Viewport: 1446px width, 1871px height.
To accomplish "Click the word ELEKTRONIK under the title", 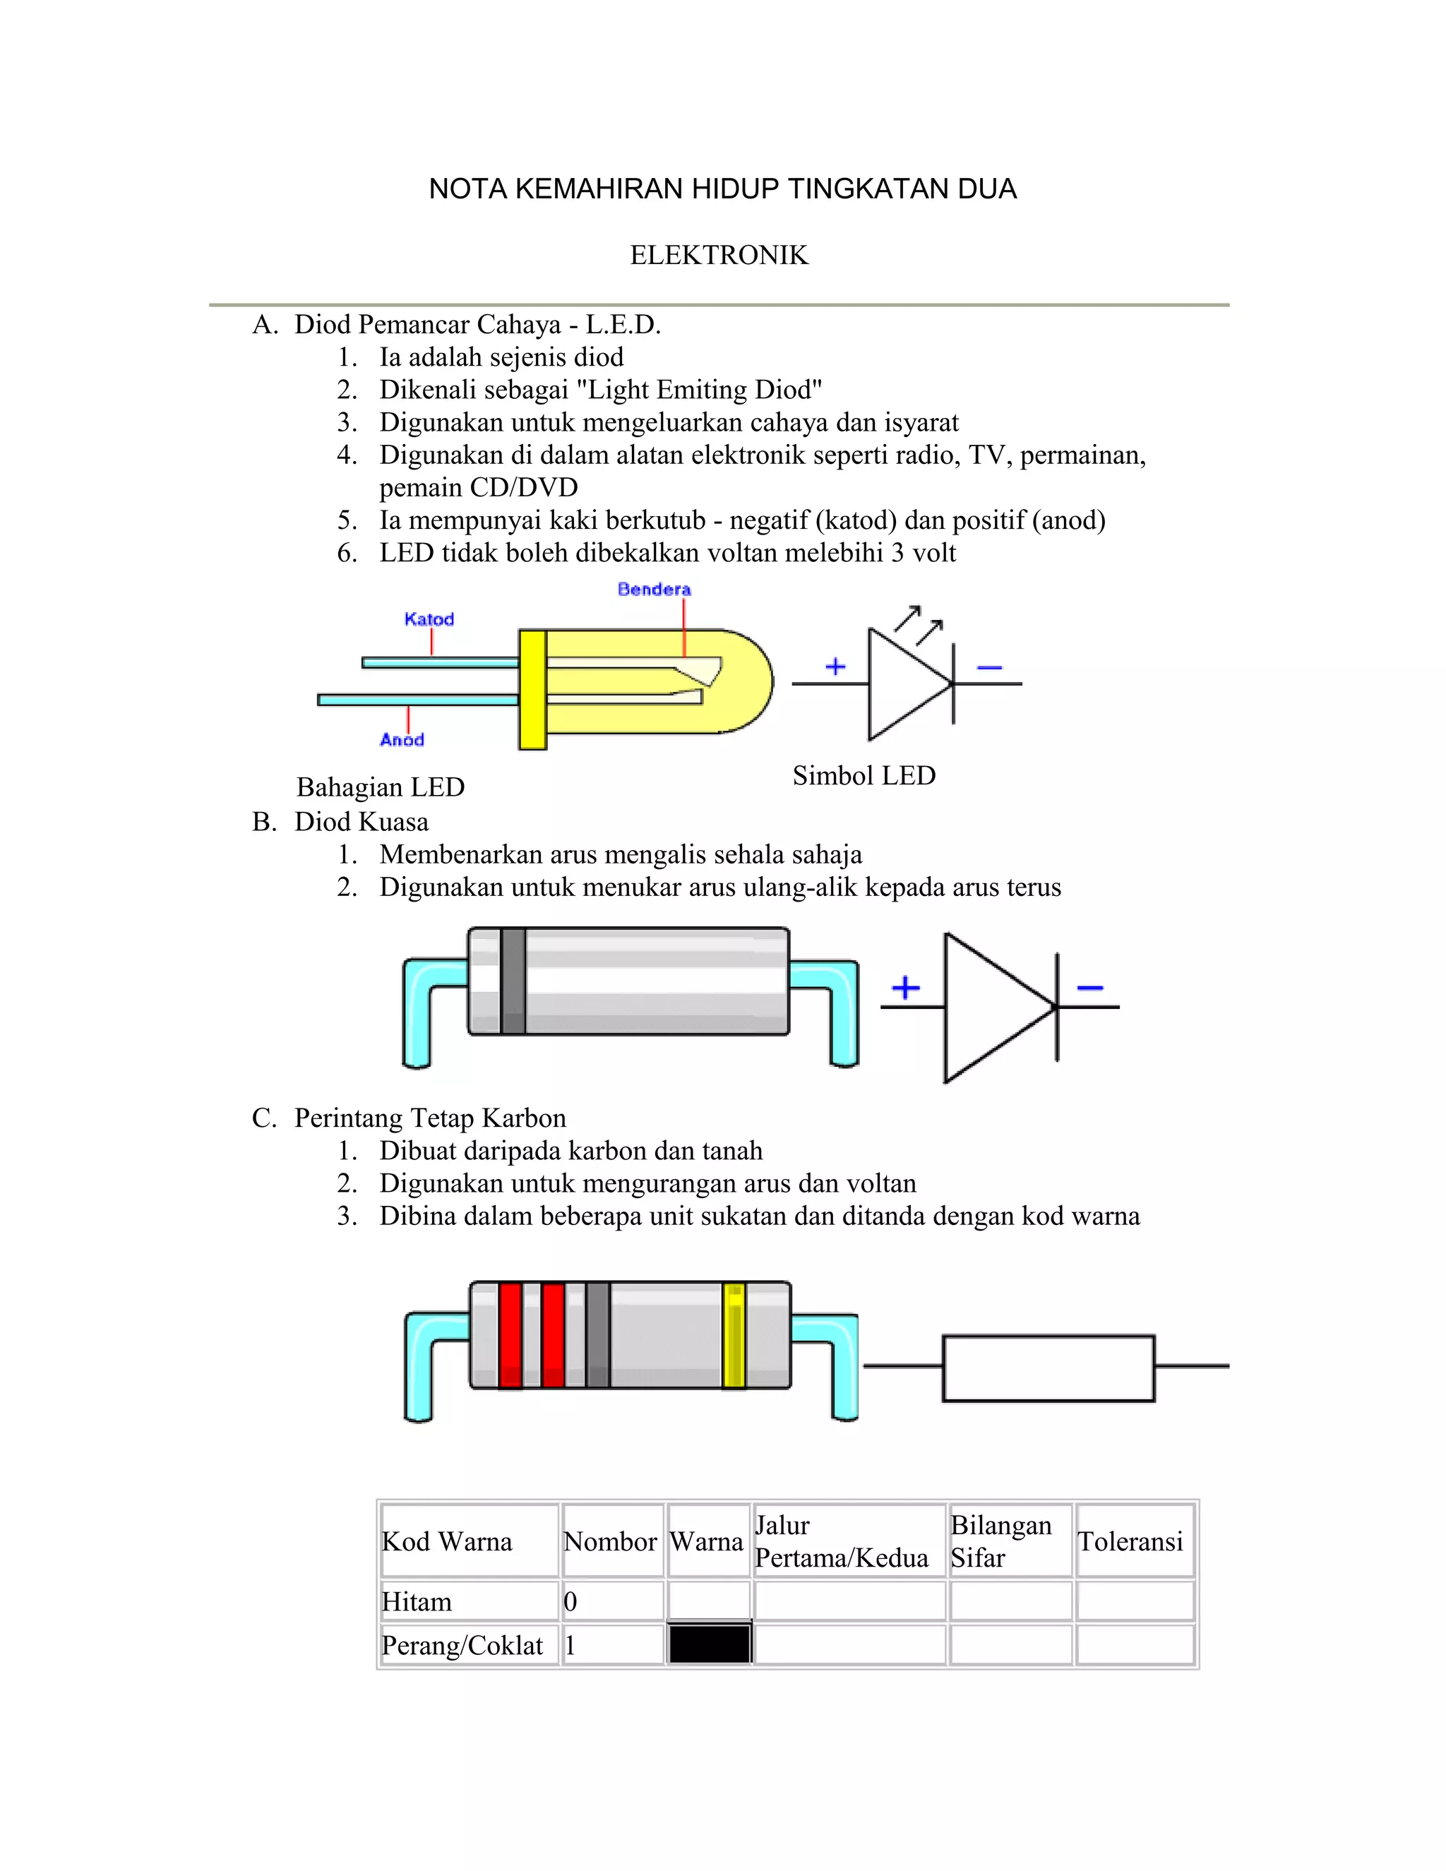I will pyautogui.click(x=719, y=256).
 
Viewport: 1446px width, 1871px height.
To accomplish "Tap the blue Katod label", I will pyautogui.click(x=429, y=618).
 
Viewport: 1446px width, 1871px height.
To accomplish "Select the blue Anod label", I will pyautogui.click(x=402, y=739).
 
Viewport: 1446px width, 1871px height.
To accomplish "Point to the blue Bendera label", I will pyautogui.click(x=654, y=590).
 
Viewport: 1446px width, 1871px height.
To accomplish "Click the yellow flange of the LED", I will pyautogui.click(x=532, y=690).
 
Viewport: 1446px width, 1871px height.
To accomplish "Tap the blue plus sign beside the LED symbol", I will pyautogui.click(x=835, y=666).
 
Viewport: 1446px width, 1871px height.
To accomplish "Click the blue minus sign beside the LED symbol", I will pyautogui.click(x=989, y=667).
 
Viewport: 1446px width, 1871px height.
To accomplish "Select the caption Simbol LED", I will pyautogui.click(x=864, y=775).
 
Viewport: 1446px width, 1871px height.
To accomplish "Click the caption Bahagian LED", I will pyautogui.click(x=381, y=787).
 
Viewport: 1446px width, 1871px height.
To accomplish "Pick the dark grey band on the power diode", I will pyautogui.click(x=513, y=981).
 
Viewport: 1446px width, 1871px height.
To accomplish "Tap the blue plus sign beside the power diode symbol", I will pyautogui.click(x=905, y=988).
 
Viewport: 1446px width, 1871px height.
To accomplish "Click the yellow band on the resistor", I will pyautogui.click(x=734, y=1334).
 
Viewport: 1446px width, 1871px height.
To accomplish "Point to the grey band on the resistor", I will pyautogui.click(x=598, y=1334).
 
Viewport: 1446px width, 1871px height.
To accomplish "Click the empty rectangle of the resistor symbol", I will pyautogui.click(x=1048, y=1368).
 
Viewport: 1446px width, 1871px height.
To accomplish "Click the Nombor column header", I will pyautogui.click(x=610, y=1541).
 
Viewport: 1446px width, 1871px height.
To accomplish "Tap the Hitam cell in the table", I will pyautogui.click(x=417, y=1601).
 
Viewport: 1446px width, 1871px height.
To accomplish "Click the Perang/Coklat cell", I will pyautogui.click(x=462, y=1645).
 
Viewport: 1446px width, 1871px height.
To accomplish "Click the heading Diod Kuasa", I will pyautogui.click(x=361, y=822).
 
